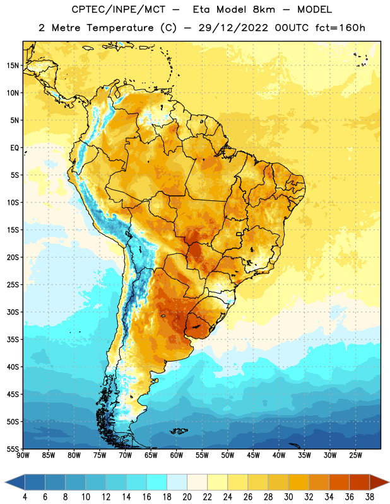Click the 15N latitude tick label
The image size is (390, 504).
coord(13,66)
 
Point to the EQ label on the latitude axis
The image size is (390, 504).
coord(15,148)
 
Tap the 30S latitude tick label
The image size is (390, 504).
coord(13,312)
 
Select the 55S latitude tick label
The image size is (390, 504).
coord(13,449)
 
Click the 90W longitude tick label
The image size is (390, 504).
coord(23,455)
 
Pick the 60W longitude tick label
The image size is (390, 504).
coord(177,455)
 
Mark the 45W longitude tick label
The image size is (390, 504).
coord(253,455)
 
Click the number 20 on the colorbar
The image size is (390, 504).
coord(187,497)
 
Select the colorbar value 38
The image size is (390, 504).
coord(370,497)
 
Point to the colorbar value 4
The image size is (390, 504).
coord(25,497)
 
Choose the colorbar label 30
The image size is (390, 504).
coord(288,497)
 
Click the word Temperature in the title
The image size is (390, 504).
coord(120,28)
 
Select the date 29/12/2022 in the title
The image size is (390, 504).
coord(233,28)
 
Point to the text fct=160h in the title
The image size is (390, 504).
coord(340,28)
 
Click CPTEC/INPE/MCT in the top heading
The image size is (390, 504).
coord(118,9)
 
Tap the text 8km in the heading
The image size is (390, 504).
coord(264,9)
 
